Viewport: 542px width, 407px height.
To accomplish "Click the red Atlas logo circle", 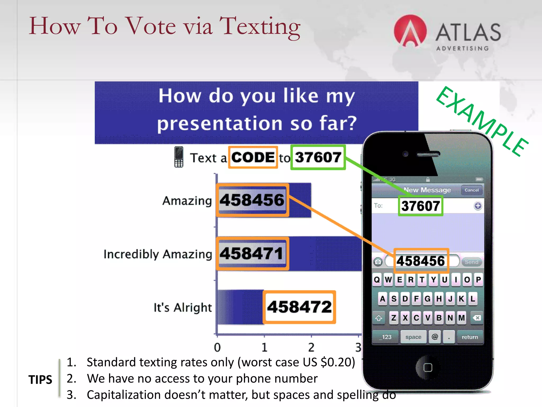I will (x=410, y=31).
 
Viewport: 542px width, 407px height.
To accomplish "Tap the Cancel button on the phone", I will (x=471, y=190).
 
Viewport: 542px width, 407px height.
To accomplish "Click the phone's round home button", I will (x=428, y=368).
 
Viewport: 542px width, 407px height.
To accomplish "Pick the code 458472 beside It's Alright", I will (x=299, y=307).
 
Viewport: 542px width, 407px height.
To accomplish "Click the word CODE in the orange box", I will (x=253, y=157).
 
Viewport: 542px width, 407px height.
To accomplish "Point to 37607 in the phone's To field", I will (x=421, y=206).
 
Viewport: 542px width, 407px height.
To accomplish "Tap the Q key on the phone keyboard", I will (x=377, y=280).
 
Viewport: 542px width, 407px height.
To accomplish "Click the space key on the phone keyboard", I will (x=413, y=337).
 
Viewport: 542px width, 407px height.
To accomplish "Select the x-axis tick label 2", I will (x=311, y=347).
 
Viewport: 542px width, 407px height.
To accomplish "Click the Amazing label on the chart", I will (x=187, y=201).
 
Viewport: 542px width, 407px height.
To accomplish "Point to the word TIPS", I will (x=40, y=379).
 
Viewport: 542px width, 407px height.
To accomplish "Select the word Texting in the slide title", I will (x=260, y=26).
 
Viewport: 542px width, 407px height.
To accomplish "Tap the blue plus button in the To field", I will (x=478, y=206).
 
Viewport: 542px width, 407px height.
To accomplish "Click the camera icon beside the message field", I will (x=378, y=262).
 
